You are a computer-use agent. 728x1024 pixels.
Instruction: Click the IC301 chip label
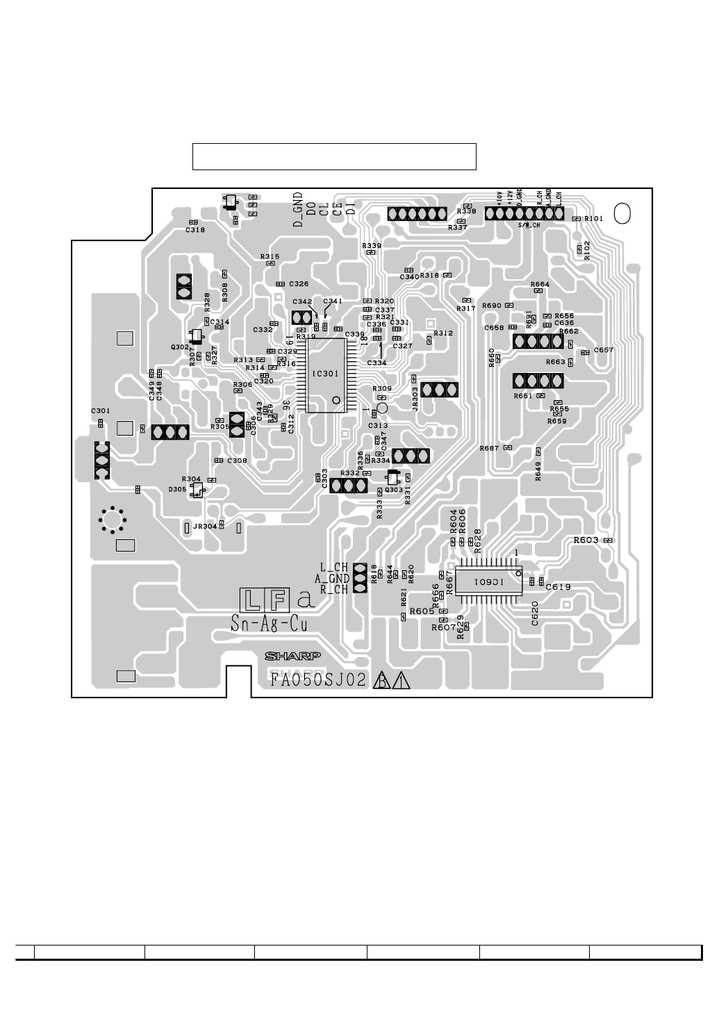click(x=326, y=373)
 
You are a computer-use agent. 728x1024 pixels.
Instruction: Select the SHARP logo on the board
click(x=292, y=656)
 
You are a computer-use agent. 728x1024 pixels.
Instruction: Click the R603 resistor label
click(x=587, y=540)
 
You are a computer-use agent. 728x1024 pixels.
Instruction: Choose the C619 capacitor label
click(x=559, y=587)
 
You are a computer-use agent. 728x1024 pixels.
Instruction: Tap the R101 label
click(x=594, y=218)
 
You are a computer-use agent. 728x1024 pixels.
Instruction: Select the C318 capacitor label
click(x=195, y=229)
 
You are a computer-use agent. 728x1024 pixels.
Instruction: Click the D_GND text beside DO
click(x=297, y=210)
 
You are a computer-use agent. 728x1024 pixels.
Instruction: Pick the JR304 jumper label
click(x=205, y=526)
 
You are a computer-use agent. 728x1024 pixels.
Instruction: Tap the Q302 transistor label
click(x=180, y=346)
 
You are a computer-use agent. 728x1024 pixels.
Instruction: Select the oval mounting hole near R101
click(x=622, y=214)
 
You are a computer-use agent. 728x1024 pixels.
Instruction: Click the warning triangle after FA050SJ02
click(x=401, y=681)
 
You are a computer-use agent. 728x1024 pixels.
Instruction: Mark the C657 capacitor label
click(x=604, y=350)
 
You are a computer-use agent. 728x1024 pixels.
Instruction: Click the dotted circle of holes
click(x=112, y=519)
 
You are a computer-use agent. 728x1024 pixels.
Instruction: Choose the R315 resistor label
click(x=270, y=257)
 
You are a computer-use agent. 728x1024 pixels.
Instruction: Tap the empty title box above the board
click(x=334, y=156)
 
